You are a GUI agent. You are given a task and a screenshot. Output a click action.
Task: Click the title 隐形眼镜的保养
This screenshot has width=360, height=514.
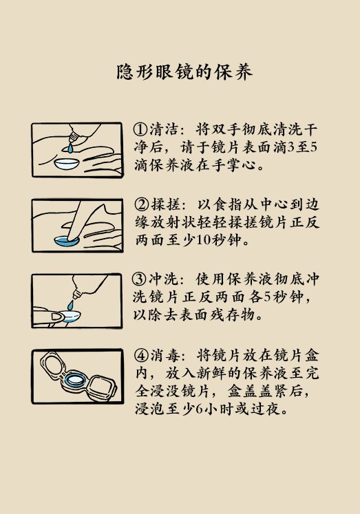click(180, 73)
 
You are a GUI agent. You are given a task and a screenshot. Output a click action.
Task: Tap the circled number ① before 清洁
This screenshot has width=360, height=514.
click(140, 129)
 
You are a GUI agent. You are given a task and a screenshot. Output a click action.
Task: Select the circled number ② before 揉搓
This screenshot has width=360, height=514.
click(140, 204)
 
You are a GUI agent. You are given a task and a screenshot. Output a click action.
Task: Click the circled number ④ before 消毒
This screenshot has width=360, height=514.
click(140, 356)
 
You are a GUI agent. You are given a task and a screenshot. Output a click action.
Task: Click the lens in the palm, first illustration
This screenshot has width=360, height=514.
click(67, 164)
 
